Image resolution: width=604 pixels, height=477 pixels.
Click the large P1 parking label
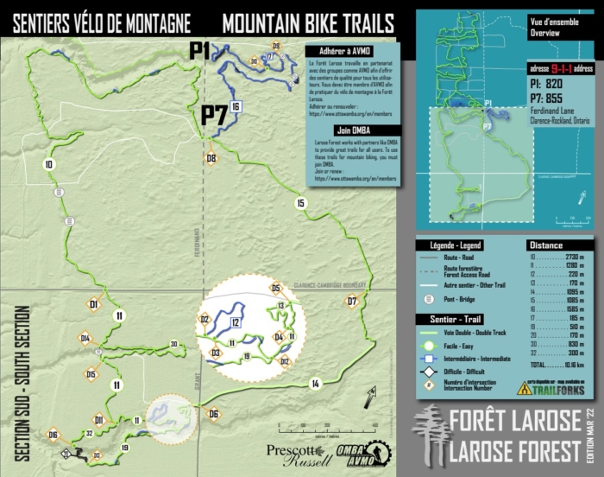(200, 51)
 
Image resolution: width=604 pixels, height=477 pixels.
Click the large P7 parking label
(213, 115)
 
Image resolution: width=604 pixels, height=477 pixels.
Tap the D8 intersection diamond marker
(211, 158)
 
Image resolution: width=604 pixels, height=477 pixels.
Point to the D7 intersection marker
(351, 302)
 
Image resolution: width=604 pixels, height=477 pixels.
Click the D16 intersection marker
(53, 435)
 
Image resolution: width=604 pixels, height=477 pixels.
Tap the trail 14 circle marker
(316, 383)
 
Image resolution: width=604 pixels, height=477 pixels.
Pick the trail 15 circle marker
(300, 204)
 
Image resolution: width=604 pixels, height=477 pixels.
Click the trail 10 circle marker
(49, 164)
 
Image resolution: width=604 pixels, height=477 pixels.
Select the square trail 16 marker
(236, 106)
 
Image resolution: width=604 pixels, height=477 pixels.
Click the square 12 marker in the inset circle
(235, 322)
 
